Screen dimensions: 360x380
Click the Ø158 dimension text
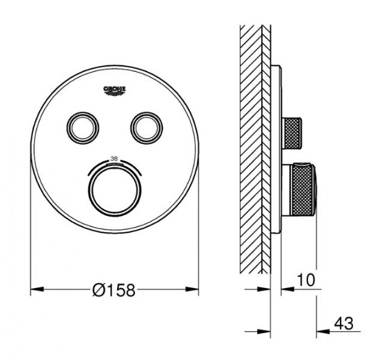tap(114, 290)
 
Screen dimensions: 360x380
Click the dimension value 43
tap(343, 323)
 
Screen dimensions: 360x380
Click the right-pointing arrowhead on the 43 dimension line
tap(266, 331)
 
